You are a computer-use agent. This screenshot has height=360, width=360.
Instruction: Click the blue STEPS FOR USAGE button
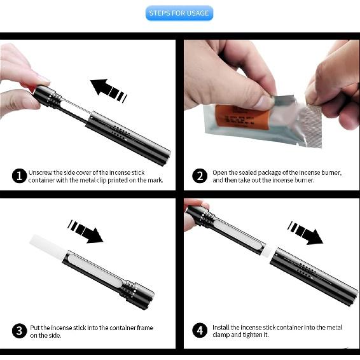(x=179, y=13)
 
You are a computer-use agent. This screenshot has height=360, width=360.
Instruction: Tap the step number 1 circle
(x=19, y=176)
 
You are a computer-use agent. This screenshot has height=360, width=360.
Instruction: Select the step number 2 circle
(x=200, y=176)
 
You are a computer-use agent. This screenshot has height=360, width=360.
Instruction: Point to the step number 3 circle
(x=19, y=331)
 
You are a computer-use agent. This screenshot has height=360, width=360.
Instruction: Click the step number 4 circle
(x=200, y=330)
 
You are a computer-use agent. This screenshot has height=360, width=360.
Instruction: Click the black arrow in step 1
(x=108, y=90)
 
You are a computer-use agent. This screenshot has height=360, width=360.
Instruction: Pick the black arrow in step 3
(x=85, y=232)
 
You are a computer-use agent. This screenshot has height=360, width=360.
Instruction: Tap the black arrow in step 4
(x=305, y=233)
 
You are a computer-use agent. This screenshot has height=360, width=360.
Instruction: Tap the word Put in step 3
(x=35, y=328)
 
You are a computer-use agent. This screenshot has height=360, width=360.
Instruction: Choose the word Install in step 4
(x=221, y=328)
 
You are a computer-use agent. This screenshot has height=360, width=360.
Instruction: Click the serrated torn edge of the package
(x=313, y=126)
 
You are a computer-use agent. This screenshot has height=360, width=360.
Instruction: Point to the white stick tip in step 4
(x=267, y=251)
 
